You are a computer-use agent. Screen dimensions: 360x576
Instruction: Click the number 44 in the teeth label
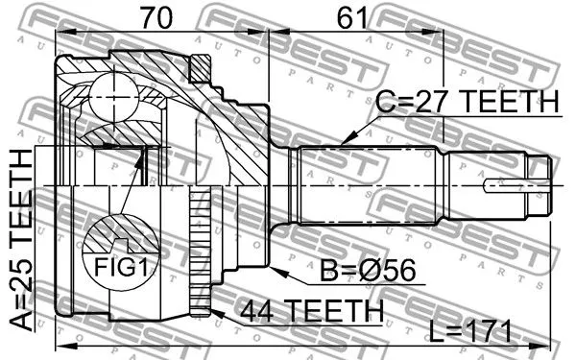coord(253,309)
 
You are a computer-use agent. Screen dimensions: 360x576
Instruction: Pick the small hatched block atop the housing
coord(201,67)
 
